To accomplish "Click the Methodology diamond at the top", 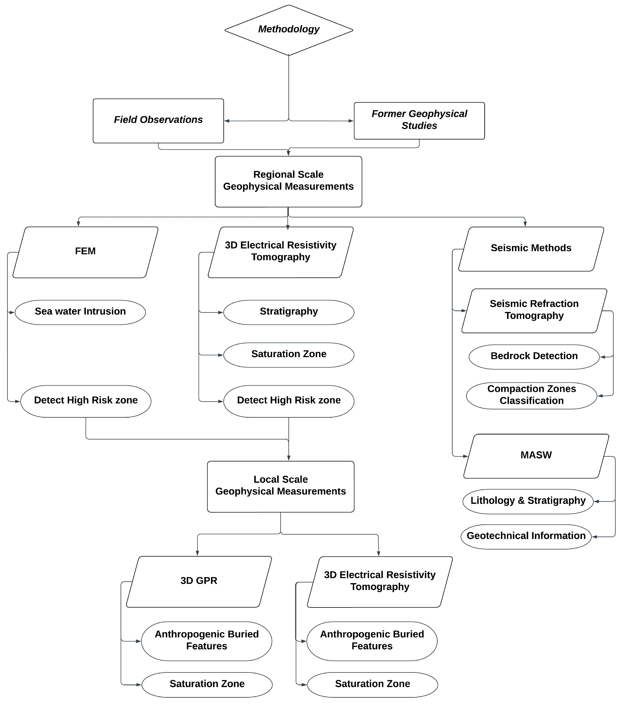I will point(289,30).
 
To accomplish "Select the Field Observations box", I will point(158,121).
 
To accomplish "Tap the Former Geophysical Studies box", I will point(419,121).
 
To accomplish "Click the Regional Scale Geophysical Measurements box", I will point(288,182).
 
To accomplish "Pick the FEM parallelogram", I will point(85,252).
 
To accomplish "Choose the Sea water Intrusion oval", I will point(80,312).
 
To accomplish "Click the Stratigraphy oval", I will point(289,312).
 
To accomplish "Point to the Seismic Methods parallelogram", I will point(531,249).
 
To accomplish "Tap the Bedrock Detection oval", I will point(534,357).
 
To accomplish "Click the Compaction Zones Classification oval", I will point(531,395).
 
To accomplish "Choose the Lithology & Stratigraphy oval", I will point(528,501).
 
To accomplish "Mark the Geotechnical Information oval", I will point(526,537).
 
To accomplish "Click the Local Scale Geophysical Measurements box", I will point(280,486).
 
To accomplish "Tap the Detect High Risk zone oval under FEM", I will point(86,401).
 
